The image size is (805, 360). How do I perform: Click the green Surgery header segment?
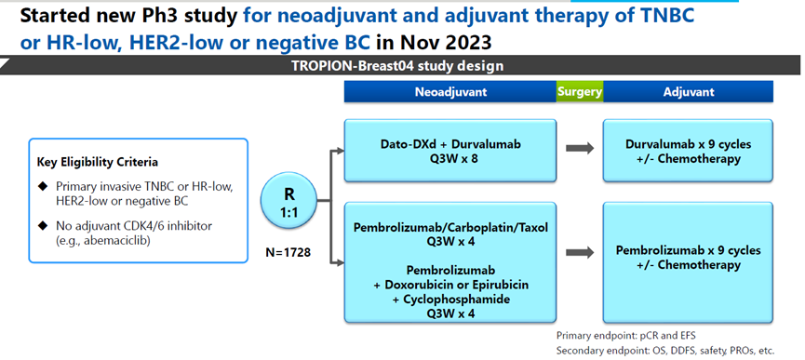580,92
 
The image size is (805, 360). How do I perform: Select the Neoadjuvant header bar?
450,92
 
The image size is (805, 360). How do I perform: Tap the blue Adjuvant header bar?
688,92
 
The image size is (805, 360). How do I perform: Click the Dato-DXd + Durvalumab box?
450,151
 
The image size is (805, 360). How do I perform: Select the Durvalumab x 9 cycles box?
688,151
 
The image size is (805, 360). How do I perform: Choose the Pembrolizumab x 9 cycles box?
688,262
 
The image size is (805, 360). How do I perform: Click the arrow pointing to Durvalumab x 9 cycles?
580,149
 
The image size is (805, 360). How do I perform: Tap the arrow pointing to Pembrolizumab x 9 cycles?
580,252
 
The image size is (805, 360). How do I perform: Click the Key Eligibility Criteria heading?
98,163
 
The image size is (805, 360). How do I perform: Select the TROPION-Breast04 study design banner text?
397,66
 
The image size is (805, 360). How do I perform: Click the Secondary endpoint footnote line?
664,351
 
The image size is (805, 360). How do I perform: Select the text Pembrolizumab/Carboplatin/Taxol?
450,228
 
